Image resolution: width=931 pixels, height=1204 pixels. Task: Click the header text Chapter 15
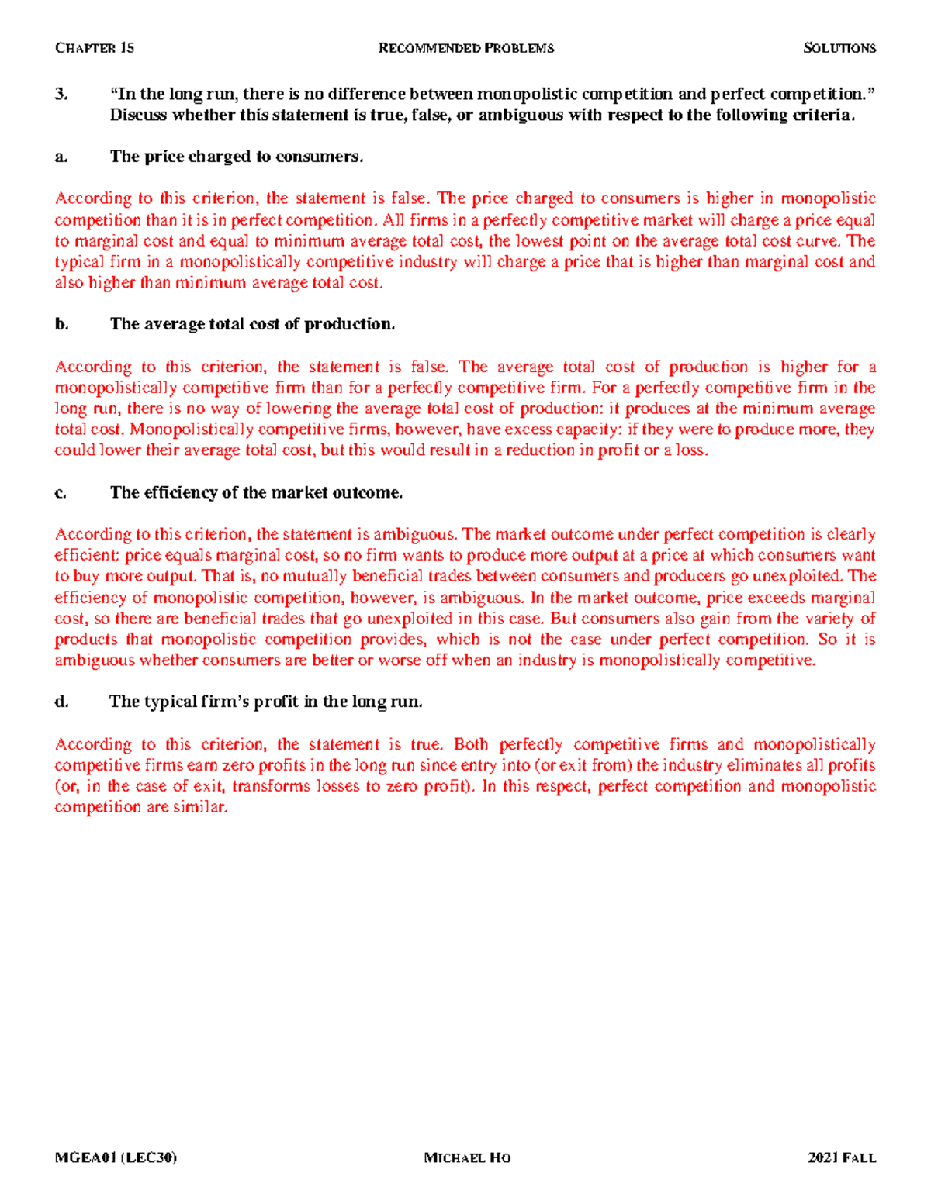point(94,48)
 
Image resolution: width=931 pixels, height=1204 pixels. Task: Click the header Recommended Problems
point(465,48)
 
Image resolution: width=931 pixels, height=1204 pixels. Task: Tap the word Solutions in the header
point(839,48)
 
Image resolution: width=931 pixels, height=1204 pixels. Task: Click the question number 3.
point(61,95)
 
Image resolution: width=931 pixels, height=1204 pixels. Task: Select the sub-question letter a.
point(61,157)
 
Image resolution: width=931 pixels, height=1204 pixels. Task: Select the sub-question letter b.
point(61,325)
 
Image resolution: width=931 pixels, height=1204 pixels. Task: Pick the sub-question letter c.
point(61,493)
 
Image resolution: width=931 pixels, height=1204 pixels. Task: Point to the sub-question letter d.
point(61,702)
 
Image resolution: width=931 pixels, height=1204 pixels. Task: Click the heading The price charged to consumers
point(237,157)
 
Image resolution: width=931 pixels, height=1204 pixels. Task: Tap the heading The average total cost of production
point(252,324)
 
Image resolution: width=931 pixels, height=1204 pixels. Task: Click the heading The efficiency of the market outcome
point(256,492)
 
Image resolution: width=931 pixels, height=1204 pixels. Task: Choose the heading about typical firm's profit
point(265,702)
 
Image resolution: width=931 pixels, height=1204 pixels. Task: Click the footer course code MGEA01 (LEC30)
point(116,1158)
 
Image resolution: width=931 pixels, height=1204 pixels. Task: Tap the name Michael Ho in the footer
point(467,1158)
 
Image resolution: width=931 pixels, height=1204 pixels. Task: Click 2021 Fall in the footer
point(841,1158)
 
